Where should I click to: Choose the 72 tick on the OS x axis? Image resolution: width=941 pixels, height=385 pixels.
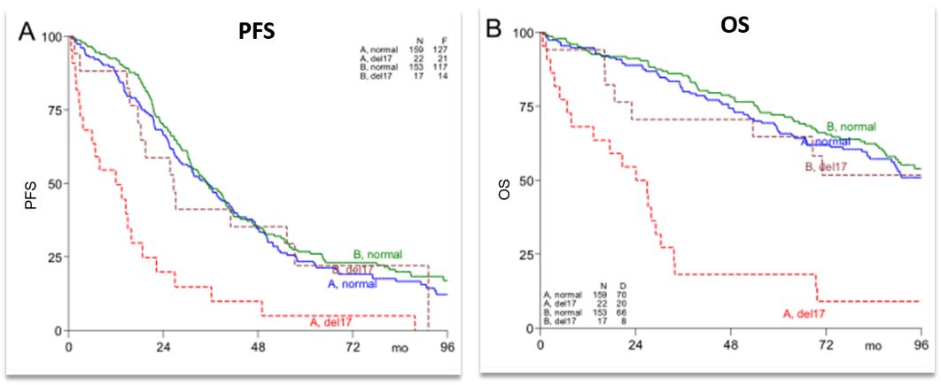point(827,343)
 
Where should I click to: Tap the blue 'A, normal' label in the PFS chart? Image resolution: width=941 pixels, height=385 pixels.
point(353,284)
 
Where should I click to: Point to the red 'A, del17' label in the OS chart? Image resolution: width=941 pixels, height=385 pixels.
point(805,312)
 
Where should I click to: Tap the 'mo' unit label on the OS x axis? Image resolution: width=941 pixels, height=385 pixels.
point(875,343)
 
